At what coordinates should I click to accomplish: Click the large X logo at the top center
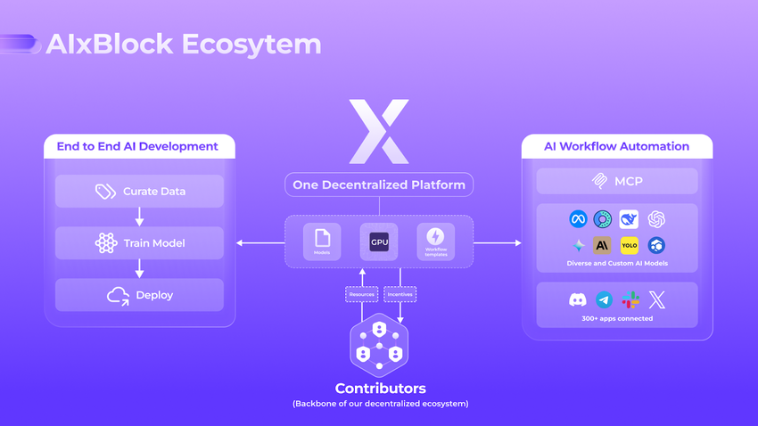[378, 131]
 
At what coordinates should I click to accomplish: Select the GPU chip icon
[378, 241]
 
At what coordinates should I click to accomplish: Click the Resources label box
[362, 292]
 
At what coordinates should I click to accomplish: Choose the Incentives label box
[400, 292]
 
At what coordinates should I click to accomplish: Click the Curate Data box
[139, 191]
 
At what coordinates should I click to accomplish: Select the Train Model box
[139, 242]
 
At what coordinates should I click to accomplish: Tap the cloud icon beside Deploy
[118, 295]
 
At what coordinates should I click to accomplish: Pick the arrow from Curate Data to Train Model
[139, 217]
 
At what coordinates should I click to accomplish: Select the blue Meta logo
[578, 219]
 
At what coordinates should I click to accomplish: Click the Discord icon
[578, 300]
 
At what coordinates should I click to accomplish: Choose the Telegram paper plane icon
[604, 300]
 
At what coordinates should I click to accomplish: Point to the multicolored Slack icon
[630, 300]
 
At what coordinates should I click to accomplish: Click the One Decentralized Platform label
[379, 185]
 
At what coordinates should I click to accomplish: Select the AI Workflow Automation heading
[617, 146]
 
